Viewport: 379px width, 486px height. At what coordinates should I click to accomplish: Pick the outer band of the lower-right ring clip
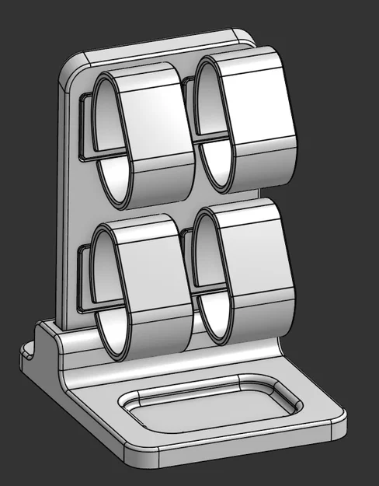coord(260,264)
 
